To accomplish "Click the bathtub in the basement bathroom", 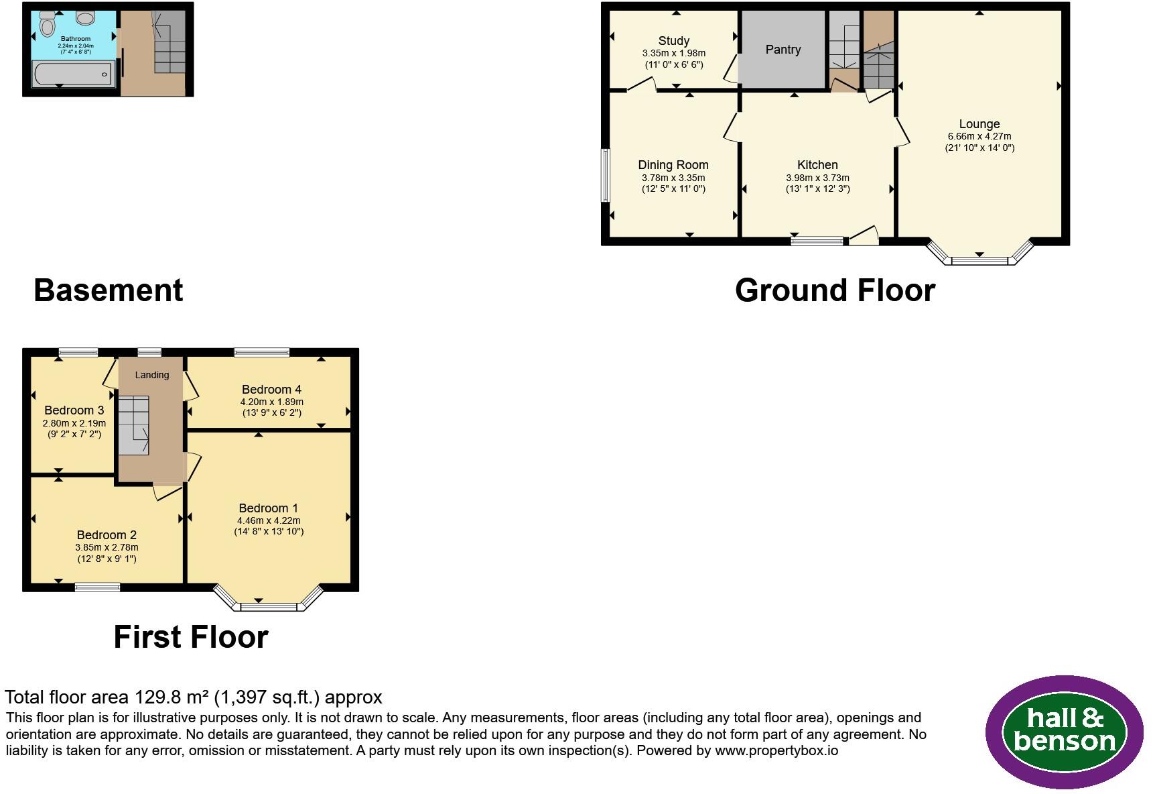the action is coord(73,74).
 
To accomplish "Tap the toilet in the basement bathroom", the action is coord(47,24).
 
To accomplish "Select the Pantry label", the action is coord(783,50).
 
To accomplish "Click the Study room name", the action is coord(674,41).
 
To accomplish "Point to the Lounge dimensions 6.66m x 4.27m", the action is coord(979,137).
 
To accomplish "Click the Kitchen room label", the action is coord(817,165).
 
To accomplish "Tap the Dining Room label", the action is coord(673,165).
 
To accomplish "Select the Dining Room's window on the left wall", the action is coord(606,175).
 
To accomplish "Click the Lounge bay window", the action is coord(979,253).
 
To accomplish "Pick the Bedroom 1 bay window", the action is coord(268,600).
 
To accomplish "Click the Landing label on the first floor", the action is coord(152,375).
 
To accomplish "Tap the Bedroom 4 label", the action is coord(271,390).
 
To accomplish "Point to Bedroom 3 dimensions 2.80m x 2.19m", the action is coord(74,424).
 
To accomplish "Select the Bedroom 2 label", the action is coord(107,535).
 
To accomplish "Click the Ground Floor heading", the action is coord(835,290).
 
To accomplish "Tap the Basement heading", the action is coord(109,290).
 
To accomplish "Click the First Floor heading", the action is coord(191,637).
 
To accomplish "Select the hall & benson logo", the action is coord(1065,732).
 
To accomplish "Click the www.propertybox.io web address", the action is coord(776,751).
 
